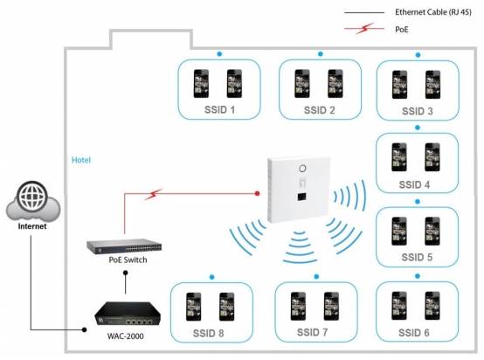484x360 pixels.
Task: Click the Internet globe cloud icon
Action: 33,201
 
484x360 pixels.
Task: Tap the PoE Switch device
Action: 124,246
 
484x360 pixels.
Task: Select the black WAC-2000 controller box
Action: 128,314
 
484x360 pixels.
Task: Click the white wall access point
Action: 299,190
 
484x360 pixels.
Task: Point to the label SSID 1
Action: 219,109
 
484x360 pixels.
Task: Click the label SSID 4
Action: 414,184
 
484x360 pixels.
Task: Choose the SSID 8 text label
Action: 208,333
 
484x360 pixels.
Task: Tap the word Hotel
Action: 81,160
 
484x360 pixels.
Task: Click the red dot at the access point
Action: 257,194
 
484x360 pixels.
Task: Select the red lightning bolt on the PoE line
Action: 154,194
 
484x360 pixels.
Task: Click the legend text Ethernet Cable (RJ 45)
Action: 433,12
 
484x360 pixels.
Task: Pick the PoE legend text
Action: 402,30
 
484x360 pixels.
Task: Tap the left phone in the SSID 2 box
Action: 302,84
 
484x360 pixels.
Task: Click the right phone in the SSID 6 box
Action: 432,306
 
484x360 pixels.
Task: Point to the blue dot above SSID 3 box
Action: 418,55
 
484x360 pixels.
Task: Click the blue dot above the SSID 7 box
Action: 316,277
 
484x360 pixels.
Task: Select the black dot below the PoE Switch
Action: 125,273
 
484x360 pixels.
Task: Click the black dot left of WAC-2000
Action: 84,329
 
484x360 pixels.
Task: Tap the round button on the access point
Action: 302,169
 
